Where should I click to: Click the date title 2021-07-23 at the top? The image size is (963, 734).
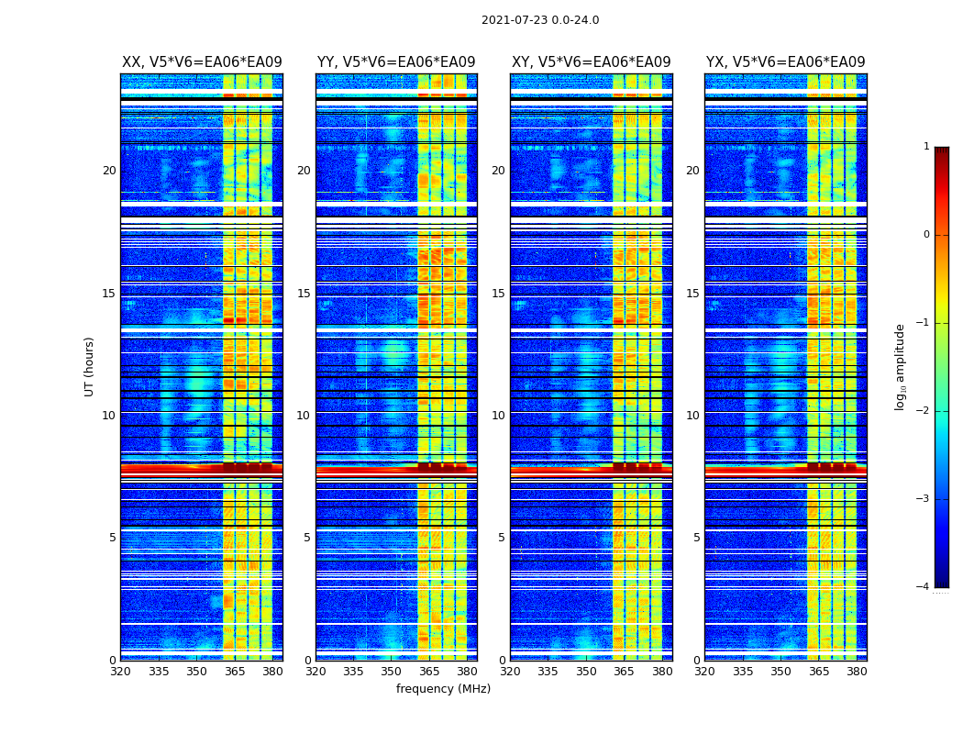539,20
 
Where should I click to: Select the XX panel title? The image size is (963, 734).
202,62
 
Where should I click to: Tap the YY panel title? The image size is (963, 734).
396,62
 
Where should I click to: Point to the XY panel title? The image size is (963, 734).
591,62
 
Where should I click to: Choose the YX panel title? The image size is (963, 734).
785,62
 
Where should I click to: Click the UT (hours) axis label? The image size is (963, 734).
90,366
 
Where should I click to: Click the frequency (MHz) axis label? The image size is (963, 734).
443,689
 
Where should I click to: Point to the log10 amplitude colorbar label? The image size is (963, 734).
901,366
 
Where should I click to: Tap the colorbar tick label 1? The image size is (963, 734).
925,147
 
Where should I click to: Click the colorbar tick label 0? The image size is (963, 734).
925,235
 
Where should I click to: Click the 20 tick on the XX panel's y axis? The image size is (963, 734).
109,171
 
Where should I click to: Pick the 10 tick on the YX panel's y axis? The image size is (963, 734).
692,416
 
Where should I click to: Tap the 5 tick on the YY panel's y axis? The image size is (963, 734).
307,538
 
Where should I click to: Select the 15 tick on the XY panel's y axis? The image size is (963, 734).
498,294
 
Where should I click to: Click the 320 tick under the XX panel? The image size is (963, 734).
120,672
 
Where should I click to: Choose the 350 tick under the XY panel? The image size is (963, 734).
586,672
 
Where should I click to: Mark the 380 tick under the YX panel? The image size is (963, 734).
857,672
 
